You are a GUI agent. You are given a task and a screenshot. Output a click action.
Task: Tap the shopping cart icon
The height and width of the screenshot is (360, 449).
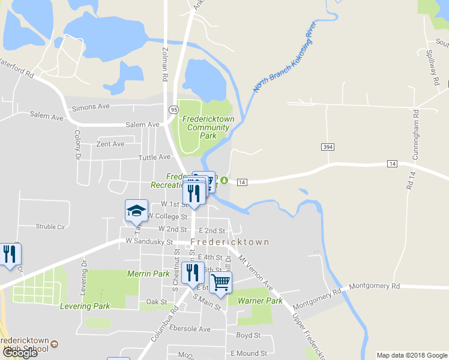pos(221,281)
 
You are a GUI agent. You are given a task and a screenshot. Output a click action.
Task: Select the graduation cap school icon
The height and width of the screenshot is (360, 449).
pos(136,210)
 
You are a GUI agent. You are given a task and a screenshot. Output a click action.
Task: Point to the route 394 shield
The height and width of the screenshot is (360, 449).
pos(327,147)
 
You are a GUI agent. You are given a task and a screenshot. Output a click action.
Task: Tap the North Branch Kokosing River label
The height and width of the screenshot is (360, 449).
pos(284,58)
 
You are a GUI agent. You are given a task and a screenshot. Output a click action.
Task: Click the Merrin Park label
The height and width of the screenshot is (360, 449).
pos(148,274)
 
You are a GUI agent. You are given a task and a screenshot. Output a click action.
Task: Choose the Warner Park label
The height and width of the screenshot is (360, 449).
pos(260,301)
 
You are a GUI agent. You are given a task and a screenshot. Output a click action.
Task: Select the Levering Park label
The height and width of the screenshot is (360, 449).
pos(85,306)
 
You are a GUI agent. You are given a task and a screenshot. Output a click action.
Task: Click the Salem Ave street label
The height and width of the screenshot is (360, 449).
pos(142,124)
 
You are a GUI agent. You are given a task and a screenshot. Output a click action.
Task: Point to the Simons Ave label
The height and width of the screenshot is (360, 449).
pos(91,107)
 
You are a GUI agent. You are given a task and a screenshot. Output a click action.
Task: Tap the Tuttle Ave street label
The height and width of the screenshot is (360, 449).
pos(154,157)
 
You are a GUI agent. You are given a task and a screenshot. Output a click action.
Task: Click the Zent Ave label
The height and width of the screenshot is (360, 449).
pos(110,144)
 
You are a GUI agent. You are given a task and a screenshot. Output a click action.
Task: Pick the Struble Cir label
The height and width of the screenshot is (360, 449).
pos(50,227)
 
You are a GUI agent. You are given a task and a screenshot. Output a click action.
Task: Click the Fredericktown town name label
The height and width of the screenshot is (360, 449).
pos(230,242)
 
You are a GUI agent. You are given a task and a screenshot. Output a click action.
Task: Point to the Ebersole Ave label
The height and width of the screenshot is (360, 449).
pos(190,329)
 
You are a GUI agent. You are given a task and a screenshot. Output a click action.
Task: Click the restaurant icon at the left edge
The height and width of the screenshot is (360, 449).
pos(8,254)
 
